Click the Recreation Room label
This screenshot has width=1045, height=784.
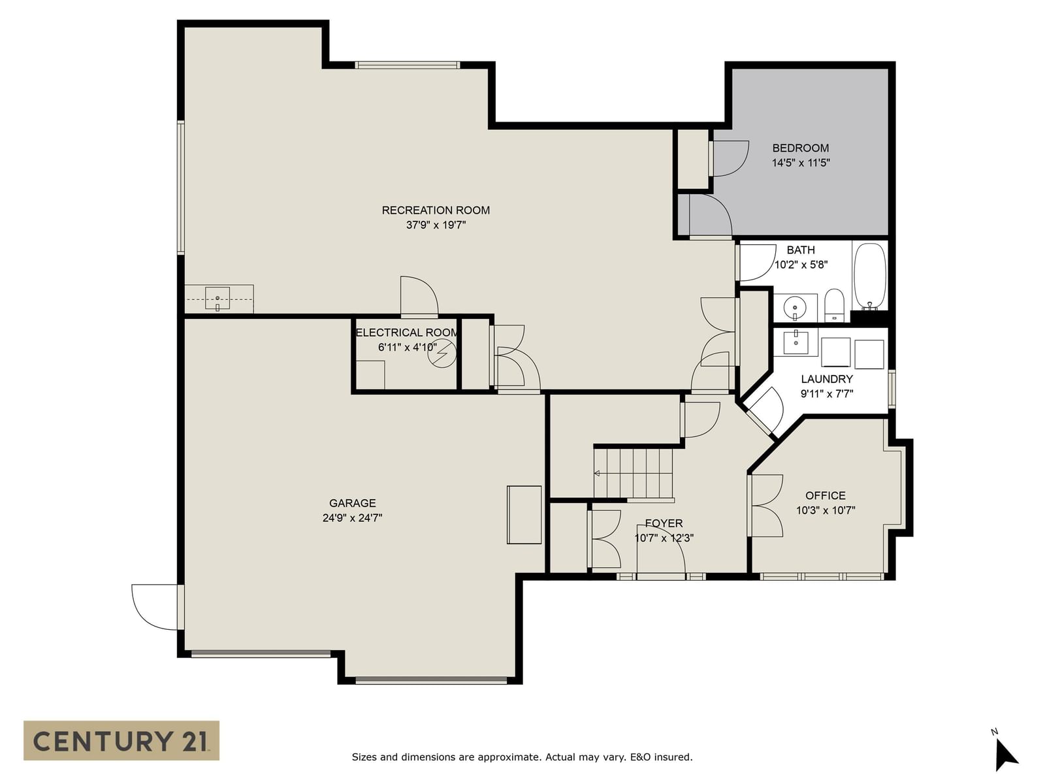point(436,210)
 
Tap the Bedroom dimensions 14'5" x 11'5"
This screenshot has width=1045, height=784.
point(801,163)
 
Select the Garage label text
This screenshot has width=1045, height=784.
point(352,503)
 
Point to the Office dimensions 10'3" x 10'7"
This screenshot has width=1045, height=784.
point(826,510)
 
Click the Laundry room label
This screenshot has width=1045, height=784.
point(826,379)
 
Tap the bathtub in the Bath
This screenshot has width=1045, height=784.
point(870,277)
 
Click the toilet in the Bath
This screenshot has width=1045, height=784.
point(833,305)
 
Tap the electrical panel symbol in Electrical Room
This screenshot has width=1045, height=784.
point(442,353)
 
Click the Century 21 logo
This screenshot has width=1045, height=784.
point(121,741)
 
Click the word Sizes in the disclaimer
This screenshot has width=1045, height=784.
point(365,757)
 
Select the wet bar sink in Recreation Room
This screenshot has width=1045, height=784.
point(217,299)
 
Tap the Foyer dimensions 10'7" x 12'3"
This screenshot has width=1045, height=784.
point(664,538)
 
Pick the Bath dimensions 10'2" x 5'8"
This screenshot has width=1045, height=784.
point(801,265)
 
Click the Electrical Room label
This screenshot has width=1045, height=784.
point(407,333)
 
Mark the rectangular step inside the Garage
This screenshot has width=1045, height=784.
point(524,515)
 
